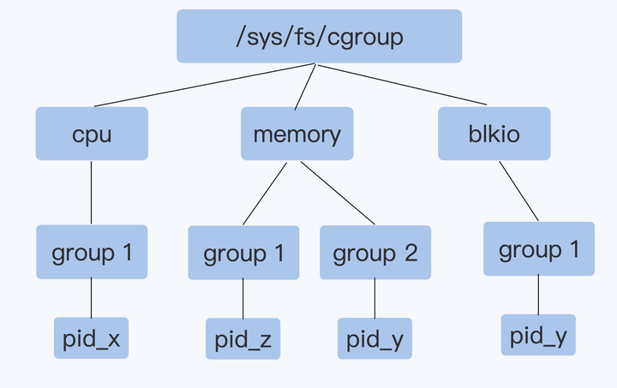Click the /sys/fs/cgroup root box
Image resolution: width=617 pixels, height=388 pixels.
click(319, 37)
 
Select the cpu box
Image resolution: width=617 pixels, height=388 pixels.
click(92, 134)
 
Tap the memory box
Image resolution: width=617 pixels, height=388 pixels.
click(297, 134)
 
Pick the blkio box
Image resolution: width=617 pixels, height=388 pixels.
click(494, 134)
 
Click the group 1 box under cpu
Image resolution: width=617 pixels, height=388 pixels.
click(92, 252)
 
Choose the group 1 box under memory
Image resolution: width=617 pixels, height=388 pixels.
click(243, 253)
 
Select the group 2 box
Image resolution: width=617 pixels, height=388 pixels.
click(374, 253)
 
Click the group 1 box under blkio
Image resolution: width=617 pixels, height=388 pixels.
click(539, 249)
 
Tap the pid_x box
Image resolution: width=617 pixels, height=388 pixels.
click(92, 338)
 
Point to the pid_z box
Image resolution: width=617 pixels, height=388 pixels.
click(243, 339)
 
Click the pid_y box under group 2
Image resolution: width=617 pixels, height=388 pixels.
click(374, 339)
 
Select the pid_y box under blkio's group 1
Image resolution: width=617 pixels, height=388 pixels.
click(539, 335)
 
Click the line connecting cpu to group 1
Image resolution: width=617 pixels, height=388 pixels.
click(92, 193)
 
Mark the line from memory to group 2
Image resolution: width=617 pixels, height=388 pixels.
click(338, 193)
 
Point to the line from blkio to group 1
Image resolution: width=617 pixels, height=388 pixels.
click(519, 191)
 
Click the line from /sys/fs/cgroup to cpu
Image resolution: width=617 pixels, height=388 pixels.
click(206, 85)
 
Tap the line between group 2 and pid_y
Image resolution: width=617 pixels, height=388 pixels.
click(374, 298)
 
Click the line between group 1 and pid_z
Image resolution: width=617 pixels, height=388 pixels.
click(243, 298)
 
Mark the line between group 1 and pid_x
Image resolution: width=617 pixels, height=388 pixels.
click(92, 297)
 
